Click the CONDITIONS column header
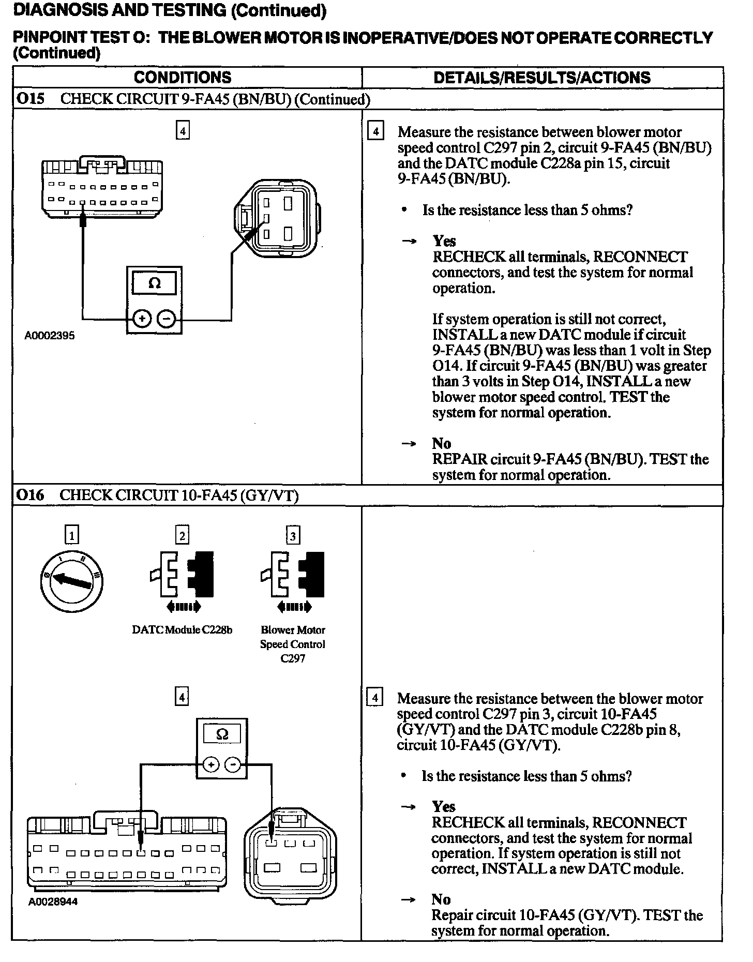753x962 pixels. click(182, 78)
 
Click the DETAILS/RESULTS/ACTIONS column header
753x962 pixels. click(541, 78)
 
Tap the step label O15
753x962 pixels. click(29, 99)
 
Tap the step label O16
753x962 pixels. click(29, 495)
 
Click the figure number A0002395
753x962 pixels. click(50, 336)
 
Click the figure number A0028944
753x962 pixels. click(53, 901)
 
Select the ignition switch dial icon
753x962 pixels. click(71, 581)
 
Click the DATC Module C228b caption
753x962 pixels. click(182, 630)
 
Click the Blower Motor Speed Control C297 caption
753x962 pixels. click(293, 644)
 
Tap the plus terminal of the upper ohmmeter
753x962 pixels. click(142, 319)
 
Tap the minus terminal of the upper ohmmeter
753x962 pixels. click(167, 319)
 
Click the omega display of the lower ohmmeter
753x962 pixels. click(222, 734)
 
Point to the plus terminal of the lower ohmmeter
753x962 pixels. click(210, 764)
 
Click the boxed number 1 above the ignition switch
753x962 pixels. click(71, 535)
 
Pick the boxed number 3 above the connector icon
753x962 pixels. click(293, 535)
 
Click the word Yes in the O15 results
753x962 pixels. click(444, 241)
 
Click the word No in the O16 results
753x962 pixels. click(441, 899)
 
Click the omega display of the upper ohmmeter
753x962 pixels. click(154, 283)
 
